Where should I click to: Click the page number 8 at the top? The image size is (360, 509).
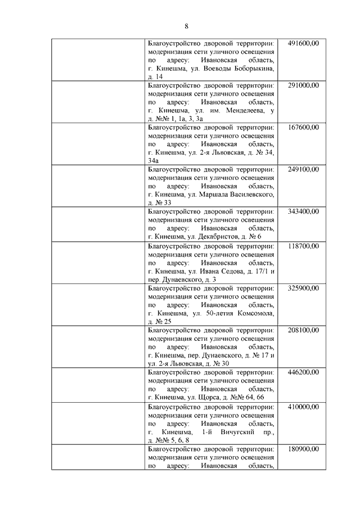[x=186, y=26]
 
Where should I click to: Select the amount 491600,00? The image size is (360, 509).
[x=303, y=43]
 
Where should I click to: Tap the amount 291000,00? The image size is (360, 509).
[x=303, y=85]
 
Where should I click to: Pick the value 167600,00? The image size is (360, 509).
[x=303, y=127]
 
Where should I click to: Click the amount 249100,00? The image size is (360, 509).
[x=303, y=169]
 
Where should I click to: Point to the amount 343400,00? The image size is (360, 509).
[x=303, y=211]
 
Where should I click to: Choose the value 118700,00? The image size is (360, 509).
[x=303, y=246]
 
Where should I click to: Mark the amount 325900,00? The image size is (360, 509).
[x=303, y=288]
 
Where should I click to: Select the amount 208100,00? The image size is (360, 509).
[x=303, y=330]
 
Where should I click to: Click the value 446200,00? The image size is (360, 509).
[x=303, y=372]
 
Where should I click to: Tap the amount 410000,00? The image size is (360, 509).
[x=303, y=407]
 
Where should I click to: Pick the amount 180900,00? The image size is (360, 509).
[x=303, y=449]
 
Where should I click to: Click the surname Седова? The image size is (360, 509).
[x=231, y=271]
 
